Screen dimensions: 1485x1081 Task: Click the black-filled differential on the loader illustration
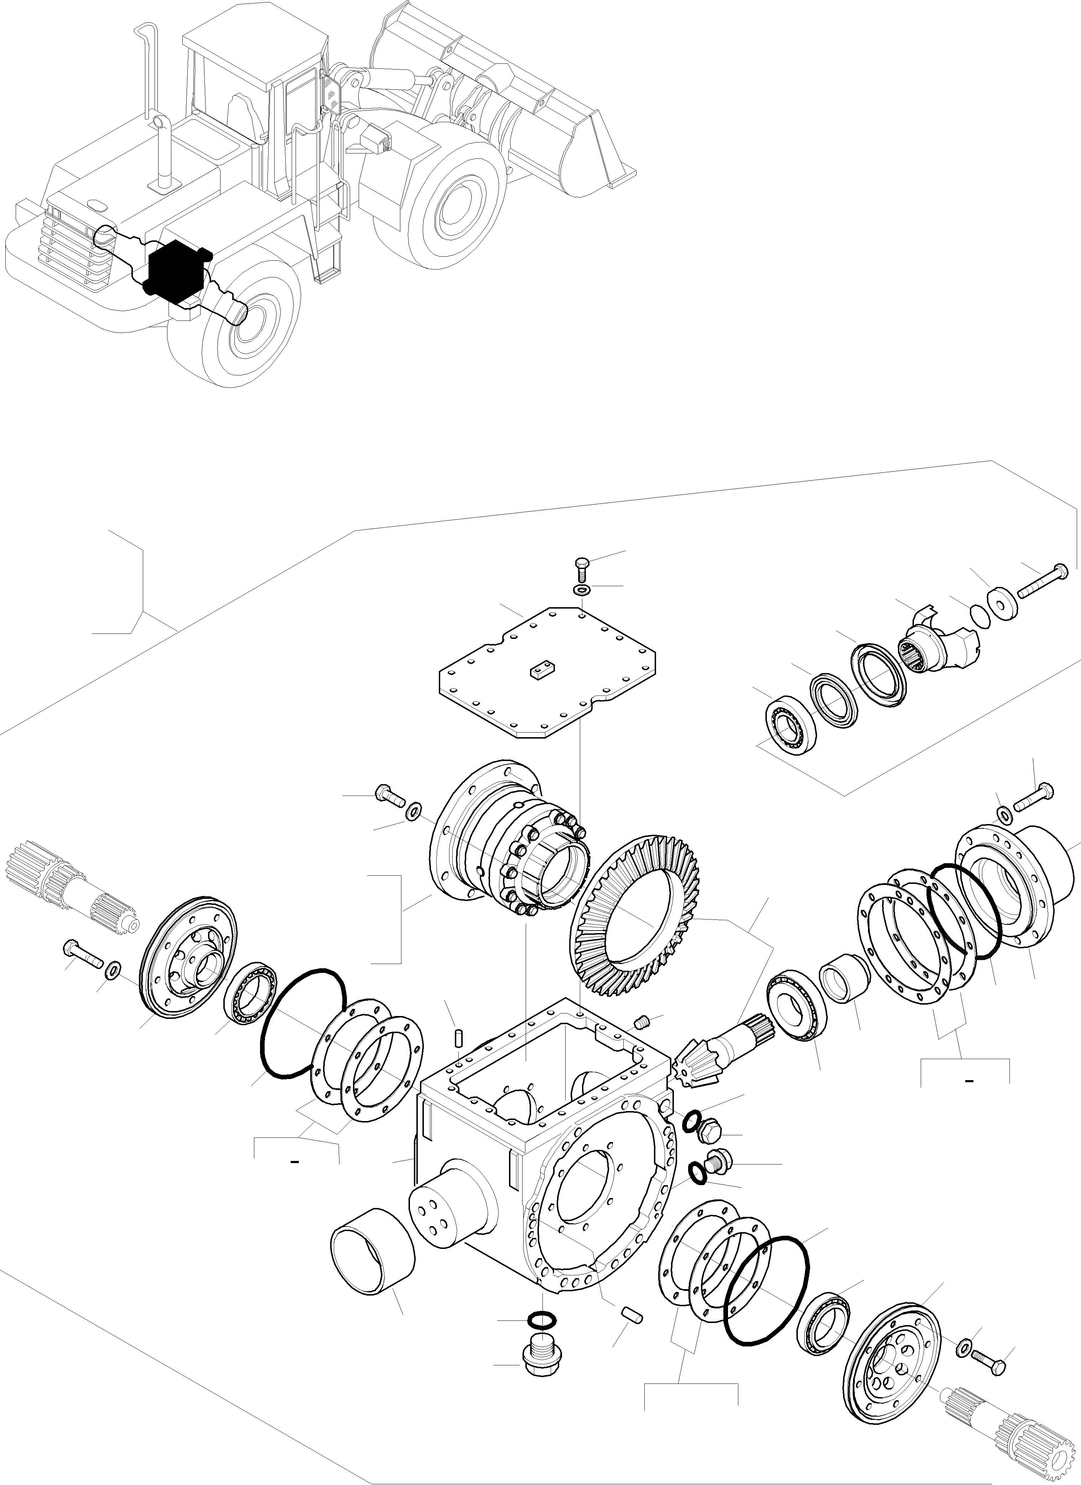[173, 269]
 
